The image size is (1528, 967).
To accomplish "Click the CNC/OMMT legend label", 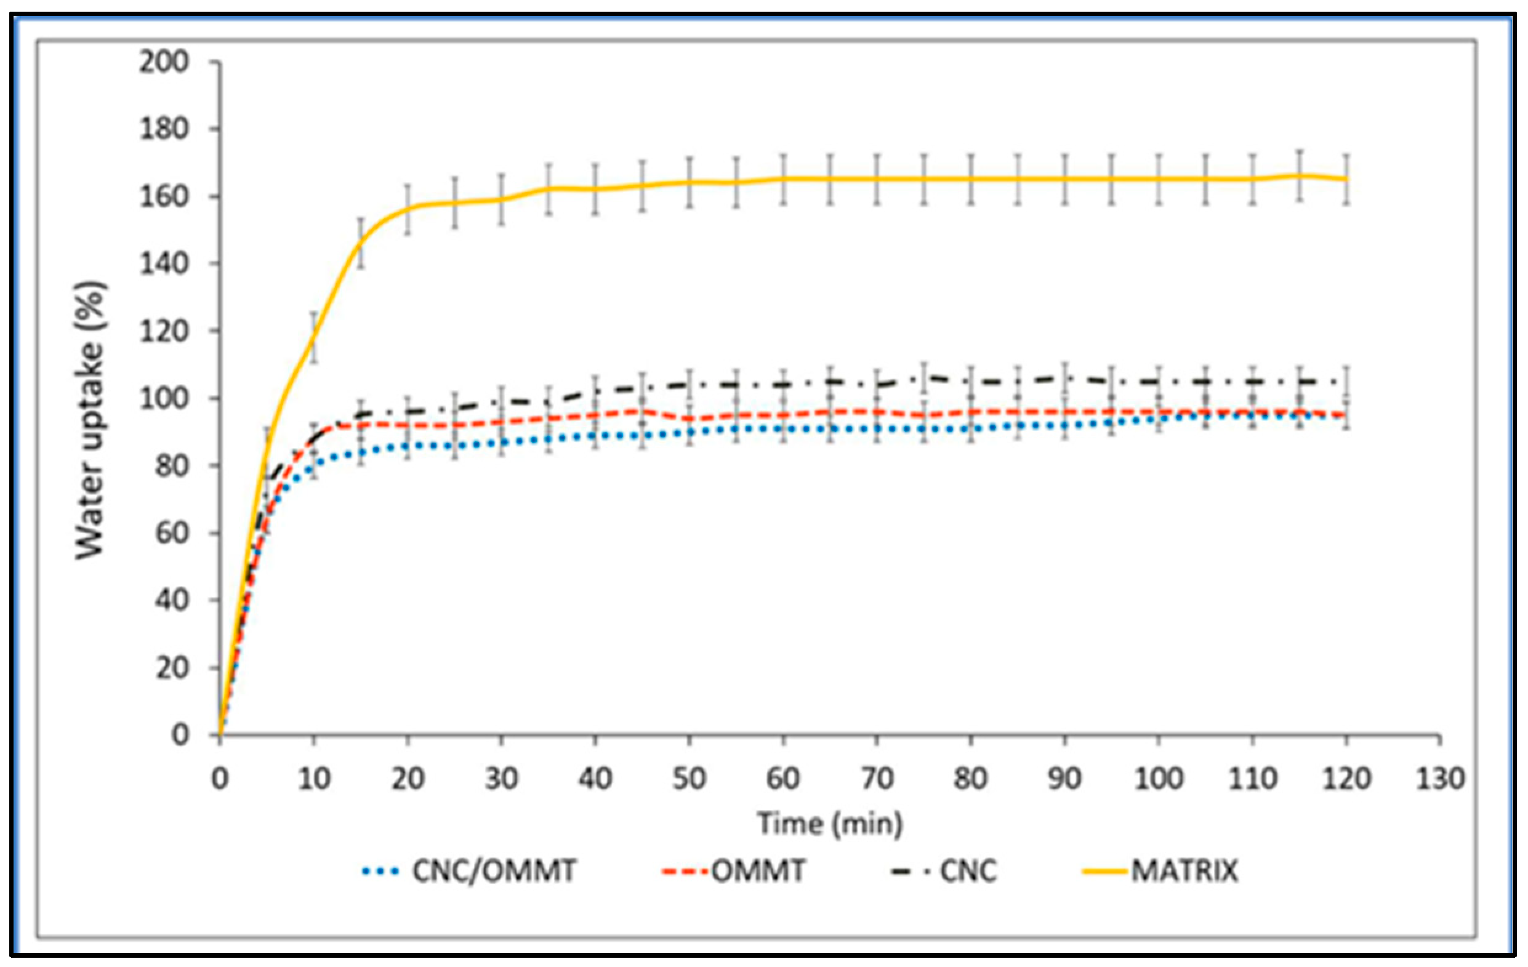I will click(494, 870).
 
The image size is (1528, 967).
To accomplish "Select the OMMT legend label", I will click(758, 870).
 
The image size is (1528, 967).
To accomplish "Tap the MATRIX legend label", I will click(1184, 870).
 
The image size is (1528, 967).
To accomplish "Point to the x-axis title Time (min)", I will click(830, 824).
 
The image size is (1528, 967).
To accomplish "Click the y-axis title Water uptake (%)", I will click(89, 420).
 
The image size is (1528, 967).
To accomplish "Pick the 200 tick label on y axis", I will click(164, 62).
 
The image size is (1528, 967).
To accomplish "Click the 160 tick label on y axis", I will click(164, 197).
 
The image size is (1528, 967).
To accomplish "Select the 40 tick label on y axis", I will click(171, 600).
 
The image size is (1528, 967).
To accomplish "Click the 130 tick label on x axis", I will click(1440, 779).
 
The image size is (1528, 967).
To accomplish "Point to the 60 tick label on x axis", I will click(783, 779).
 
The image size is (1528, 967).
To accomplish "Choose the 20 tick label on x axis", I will click(408, 779).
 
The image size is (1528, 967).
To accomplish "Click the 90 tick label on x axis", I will click(1064, 779).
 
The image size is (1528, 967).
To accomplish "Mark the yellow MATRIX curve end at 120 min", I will click(1346, 180).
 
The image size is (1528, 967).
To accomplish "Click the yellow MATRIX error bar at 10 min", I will click(313, 337).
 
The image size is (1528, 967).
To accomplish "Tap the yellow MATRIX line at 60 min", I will click(783, 179).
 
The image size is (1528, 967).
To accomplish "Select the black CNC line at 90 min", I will click(1064, 378).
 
